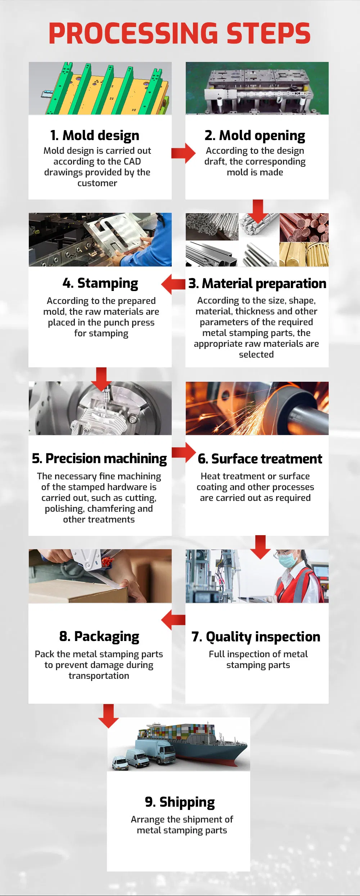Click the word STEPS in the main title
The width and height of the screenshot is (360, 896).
point(268,33)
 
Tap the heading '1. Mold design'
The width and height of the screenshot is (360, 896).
point(95,135)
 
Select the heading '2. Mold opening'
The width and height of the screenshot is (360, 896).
point(255,136)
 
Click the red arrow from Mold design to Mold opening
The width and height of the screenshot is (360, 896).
point(183,153)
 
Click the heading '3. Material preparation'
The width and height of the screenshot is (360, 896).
point(257,284)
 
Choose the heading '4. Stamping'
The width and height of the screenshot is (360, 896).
point(100,283)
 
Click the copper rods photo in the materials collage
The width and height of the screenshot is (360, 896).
point(304,227)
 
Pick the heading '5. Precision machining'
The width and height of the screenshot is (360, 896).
point(99,459)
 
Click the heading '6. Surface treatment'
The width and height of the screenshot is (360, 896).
point(260,459)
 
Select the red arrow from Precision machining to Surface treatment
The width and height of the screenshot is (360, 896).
point(184,452)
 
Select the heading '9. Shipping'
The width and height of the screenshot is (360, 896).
point(180,802)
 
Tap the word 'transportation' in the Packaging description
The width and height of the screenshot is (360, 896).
point(99,676)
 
